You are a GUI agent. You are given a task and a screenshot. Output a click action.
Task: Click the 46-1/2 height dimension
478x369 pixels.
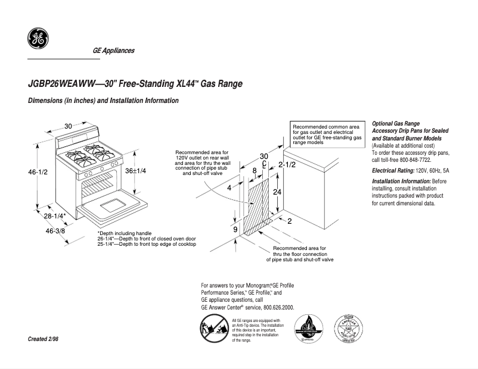[x=38, y=171]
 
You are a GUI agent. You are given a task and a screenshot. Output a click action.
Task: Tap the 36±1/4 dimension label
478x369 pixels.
[x=135, y=170]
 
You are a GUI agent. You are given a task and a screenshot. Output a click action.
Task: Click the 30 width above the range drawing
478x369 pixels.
[x=69, y=126]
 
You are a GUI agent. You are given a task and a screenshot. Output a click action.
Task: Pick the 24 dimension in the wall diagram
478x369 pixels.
[x=277, y=192]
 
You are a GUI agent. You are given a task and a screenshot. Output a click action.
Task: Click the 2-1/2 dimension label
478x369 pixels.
[x=287, y=164]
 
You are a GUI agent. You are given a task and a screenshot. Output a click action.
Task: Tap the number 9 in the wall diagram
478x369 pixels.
[x=235, y=229]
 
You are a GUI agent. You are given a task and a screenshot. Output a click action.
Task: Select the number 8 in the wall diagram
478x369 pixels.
[x=254, y=171]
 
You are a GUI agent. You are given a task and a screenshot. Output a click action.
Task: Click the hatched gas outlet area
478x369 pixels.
[x=258, y=205]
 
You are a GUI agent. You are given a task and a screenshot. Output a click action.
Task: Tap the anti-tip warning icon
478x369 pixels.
[x=213, y=329]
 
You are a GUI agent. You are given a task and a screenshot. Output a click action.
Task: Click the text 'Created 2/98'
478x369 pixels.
[x=44, y=339]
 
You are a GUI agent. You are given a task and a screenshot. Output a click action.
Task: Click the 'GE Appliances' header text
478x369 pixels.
[x=113, y=51]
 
